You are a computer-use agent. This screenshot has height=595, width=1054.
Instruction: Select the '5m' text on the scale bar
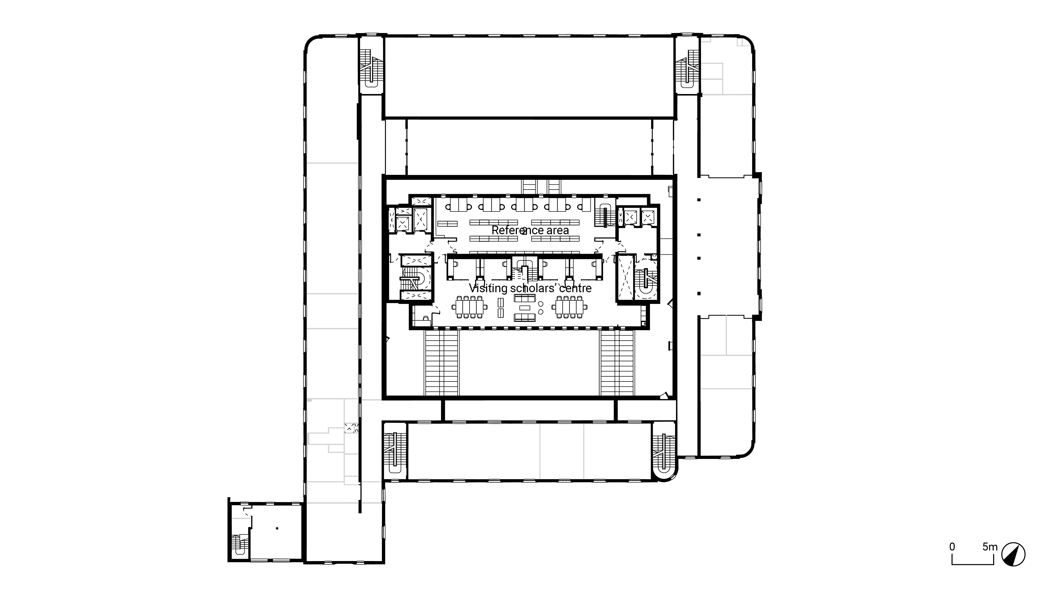(990, 547)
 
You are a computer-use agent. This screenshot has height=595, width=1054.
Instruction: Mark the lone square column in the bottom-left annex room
(277, 528)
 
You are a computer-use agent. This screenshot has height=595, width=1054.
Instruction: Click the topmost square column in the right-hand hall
(699, 200)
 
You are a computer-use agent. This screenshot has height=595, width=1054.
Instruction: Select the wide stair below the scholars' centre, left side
(441, 362)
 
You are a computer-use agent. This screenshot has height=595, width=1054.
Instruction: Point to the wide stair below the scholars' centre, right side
(617, 362)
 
